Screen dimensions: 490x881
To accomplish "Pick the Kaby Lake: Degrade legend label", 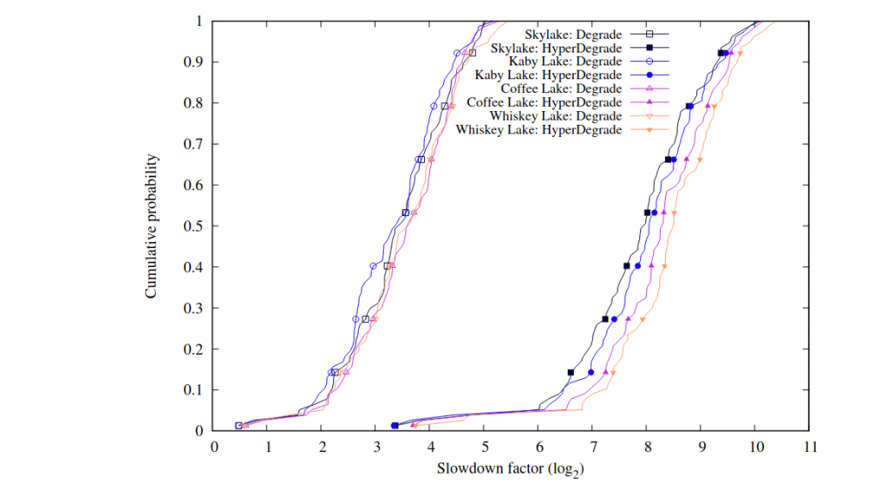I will point(565,62).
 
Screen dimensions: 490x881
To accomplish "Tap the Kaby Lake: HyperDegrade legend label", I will point(548,76).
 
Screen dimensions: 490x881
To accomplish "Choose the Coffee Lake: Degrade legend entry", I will point(561,89).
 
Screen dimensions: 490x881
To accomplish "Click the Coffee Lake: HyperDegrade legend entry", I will point(544,102).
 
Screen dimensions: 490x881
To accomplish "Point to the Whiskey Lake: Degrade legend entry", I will point(556,116).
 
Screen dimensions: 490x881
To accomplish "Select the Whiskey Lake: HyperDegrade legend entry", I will point(539,130).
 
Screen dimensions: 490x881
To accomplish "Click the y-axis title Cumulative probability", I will point(151,226).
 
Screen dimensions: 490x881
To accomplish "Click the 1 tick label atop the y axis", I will point(200,21).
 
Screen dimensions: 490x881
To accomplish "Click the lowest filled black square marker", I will point(394,425).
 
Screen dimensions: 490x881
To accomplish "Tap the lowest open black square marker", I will point(238,425).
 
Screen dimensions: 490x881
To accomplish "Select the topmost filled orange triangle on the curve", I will point(740,53).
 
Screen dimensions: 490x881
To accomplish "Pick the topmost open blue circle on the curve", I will point(457,53).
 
